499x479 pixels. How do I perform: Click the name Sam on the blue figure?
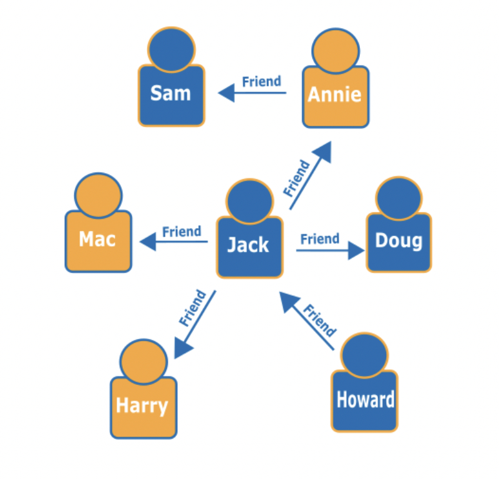click(x=170, y=93)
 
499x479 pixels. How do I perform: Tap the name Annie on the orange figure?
click(x=335, y=94)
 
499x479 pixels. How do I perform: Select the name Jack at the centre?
click(x=248, y=245)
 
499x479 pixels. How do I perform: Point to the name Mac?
click(x=98, y=239)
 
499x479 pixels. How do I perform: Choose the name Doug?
click(x=399, y=240)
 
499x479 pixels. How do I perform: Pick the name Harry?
click(x=142, y=405)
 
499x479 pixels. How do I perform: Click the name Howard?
click(x=365, y=399)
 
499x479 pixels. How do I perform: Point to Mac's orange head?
click(x=98, y=195)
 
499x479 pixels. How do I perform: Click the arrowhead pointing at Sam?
click(x=225, y=93)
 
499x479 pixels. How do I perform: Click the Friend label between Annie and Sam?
click(x=261, y=82)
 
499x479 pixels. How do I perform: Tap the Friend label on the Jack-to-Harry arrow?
click(x=192, y=308)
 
